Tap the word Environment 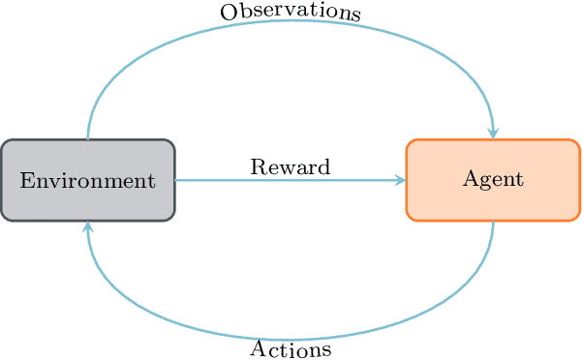87,180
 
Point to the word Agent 493,179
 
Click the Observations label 291,13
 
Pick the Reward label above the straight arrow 291,166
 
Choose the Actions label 291,348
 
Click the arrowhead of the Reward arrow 401,180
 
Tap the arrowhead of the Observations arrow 493,134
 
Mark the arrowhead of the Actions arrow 88,227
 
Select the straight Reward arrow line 291,180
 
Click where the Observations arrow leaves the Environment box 88,139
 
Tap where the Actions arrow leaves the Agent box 493,222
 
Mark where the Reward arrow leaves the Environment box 176,180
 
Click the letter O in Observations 228,13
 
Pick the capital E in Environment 25,180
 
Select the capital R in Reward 257,166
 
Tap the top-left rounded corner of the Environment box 6,144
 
